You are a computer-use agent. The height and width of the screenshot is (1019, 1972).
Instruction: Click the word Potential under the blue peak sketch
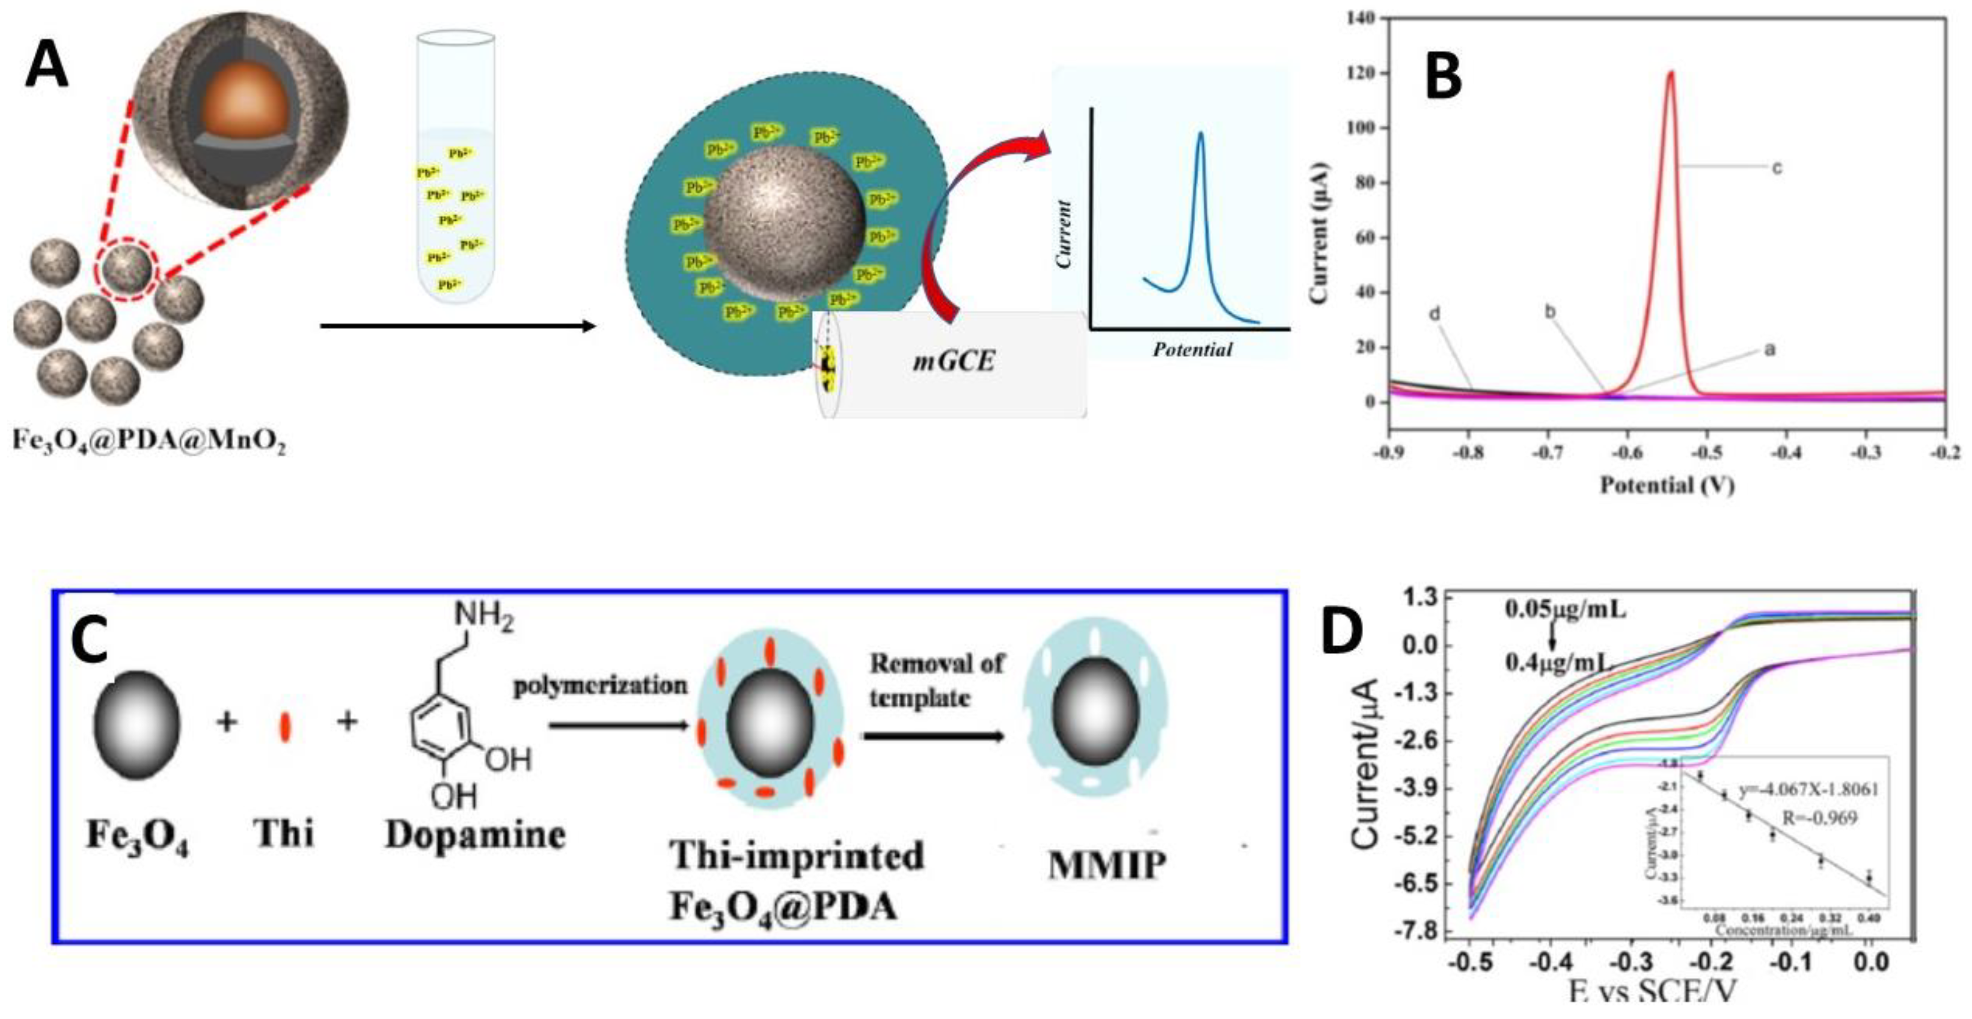point(1192,350)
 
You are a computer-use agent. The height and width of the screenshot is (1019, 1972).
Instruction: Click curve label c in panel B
point(1777,168)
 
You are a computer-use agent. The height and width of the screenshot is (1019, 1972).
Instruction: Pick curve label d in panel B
point(1435,314)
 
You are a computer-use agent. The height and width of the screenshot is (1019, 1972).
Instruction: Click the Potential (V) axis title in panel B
point(1667,485)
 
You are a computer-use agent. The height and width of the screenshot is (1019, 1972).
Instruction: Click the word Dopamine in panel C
point(474,835)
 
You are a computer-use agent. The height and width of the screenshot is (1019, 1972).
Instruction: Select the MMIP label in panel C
point(1106,866)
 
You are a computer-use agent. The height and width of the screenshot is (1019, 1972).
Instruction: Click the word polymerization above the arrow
point(600,685)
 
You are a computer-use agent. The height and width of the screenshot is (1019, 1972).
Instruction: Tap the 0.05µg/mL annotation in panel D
point(1566,610)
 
